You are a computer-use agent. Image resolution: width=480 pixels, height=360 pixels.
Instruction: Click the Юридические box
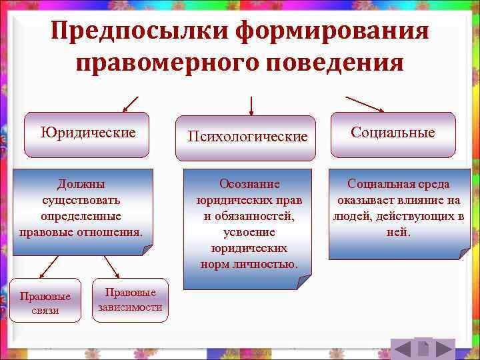pyautogui.click(x=87, y=133)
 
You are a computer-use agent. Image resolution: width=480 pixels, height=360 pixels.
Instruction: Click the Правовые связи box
pyautogui.click(x=45, y=301)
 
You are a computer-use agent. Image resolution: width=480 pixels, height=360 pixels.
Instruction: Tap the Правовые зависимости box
pyautogui.click(x=130, y=299)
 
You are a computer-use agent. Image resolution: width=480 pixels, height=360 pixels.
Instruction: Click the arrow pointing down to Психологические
pyautogui.click(x=251, y=106)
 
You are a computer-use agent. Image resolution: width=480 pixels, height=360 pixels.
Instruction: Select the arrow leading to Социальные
pyautogui.click(x=364, y=104)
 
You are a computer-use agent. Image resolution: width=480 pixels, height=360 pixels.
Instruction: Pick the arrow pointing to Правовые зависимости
pyautogui.click(x=110, y=267)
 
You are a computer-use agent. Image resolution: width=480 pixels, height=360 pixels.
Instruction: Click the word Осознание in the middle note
pyautogui.click(x=249, y=184)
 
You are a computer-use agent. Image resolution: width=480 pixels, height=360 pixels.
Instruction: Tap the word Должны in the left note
pyautogui.click(x=81, y=184)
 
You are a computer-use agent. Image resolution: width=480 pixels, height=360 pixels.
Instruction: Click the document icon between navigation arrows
pyautogui.click(x=423, y=348)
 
